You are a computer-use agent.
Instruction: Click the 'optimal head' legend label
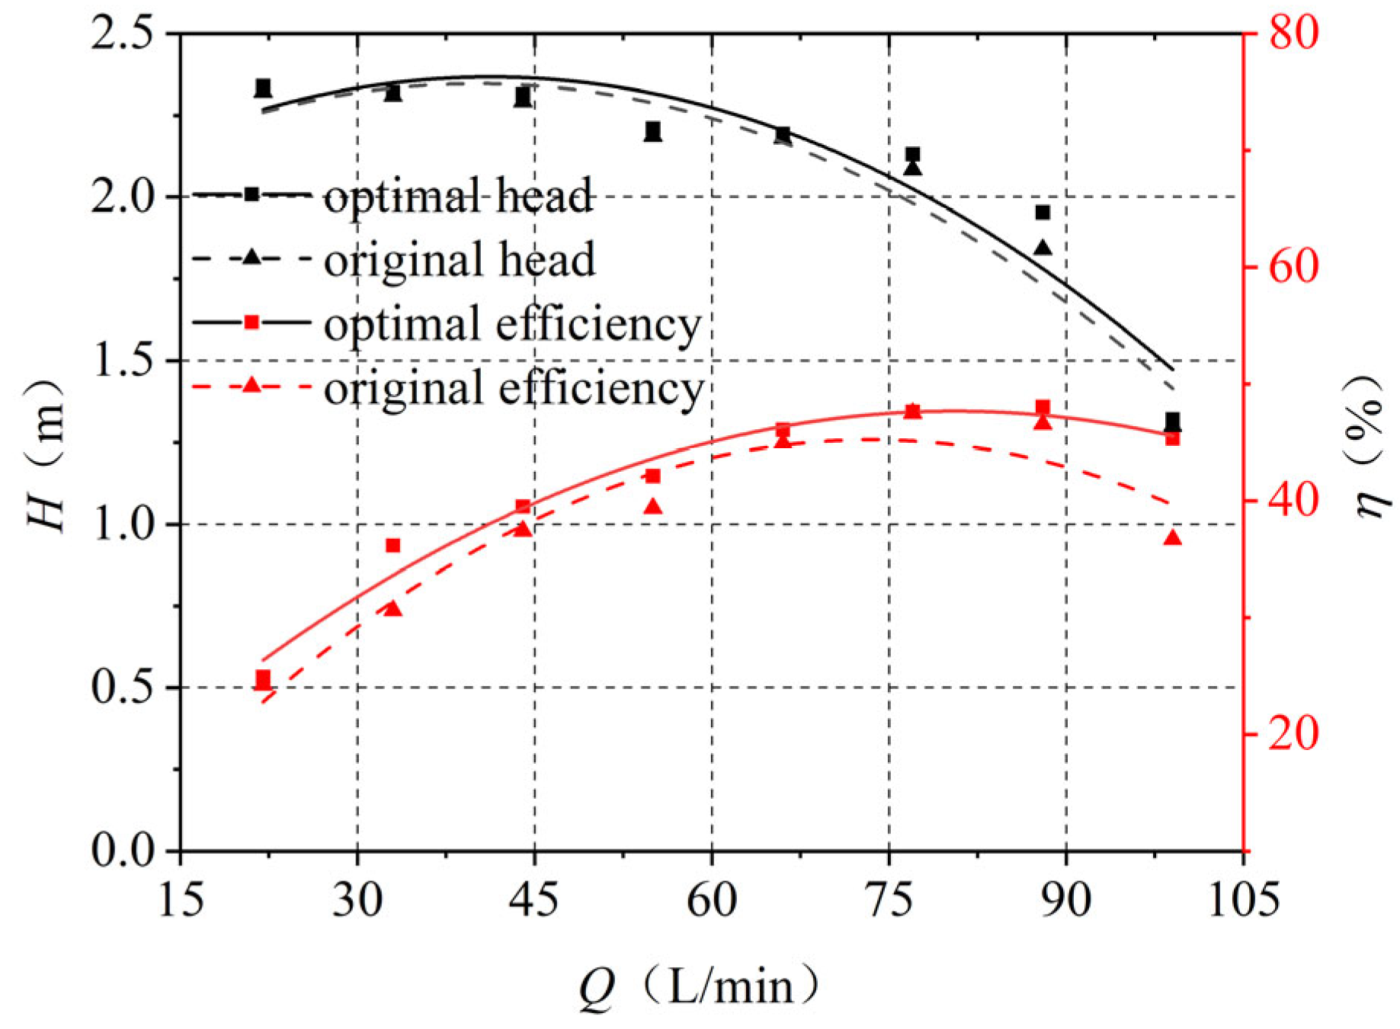458,196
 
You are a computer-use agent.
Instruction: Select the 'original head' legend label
460,259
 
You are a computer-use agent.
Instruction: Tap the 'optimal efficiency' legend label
512,324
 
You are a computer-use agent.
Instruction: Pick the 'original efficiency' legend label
514,388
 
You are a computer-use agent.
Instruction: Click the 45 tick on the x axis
534,899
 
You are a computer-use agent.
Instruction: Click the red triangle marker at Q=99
1172,538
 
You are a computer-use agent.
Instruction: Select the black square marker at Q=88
1043,212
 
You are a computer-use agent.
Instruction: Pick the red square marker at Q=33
393,546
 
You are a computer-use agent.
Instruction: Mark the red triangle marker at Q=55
653,506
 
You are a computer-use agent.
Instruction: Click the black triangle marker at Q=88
1043,248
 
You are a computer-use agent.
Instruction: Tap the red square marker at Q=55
653,476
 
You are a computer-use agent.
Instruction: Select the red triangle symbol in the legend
252,386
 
